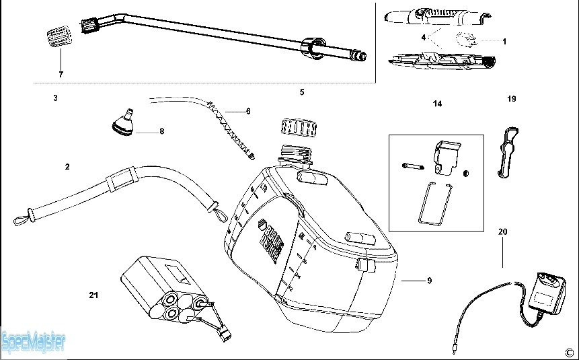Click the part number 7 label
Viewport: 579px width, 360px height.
(61, 73)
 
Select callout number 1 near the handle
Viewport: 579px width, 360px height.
(504, 41)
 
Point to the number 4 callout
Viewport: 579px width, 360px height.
(424, 38)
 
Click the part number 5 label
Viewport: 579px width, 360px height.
(302, 92)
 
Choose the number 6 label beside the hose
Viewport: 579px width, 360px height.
(248, 111)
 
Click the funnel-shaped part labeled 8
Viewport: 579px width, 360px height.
(122, 122)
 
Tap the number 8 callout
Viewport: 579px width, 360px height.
(161, 131)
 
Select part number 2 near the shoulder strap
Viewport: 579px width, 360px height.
(67, 166)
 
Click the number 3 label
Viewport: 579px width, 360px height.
(55, 98)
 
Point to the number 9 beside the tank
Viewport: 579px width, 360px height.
(429, 281)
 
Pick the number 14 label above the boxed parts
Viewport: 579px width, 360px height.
(437, 104)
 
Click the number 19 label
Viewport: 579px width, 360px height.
(511, 99)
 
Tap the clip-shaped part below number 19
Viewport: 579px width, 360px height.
(508, 151)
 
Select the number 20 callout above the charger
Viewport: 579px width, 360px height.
(502, 231)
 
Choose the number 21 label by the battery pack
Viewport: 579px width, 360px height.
(93, 295)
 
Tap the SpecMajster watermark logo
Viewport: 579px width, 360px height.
(34, 342)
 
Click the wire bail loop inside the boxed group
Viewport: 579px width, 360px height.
(432, 201)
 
